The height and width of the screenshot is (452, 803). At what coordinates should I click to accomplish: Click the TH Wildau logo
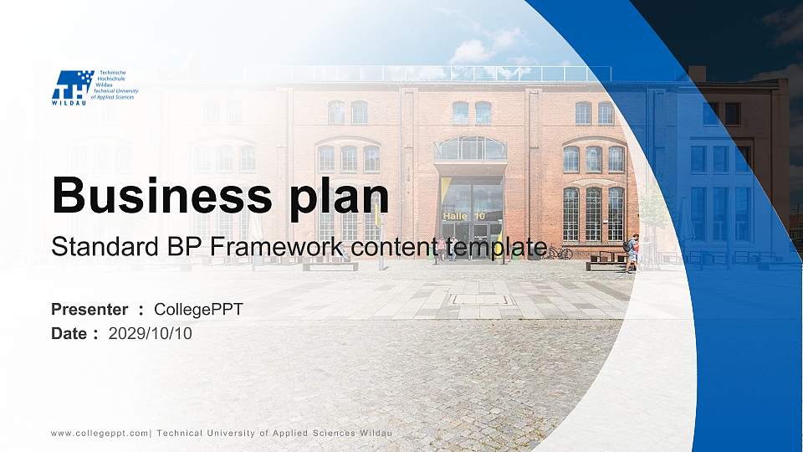pyautogui.click(x=95, y=88)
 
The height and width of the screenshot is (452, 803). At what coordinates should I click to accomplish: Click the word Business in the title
pyautogui.click(x=162, y=195)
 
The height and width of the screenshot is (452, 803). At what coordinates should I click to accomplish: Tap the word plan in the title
pyautogui.click(x=339, y=198)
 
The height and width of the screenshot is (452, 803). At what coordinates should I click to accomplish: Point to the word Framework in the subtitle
pyautogui.click(x=277, y=246)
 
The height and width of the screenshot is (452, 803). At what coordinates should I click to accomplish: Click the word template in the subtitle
pyautogui.click(x=496, y=248)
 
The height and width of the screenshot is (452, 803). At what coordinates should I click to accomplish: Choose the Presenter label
pyautogui.click(x=90, y=310)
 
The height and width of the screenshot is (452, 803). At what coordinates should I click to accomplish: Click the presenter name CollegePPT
pyautogui.click(x=199, y=310)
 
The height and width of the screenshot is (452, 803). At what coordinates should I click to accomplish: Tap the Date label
pyautogui.click(x=69, y=334)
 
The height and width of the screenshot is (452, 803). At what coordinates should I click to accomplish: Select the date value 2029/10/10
pyautogui.click(x=151, y=334)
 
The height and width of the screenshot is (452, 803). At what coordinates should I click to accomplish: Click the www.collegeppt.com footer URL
pyautogui.click(x=100, y=434)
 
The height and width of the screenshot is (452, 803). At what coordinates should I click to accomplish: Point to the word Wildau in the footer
pyautogui.click(x=376, y=433)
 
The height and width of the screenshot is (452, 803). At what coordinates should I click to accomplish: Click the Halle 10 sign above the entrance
pyautogui.click(x=464, y=216)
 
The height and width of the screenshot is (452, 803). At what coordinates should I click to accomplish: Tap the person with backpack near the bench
pyautogui.click(x=632, y=253)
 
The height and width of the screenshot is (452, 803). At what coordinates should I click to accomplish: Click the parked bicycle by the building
pyautogui.click(x=558, y=252)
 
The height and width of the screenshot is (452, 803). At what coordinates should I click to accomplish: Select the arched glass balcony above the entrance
pyautogui.click(x=471, y=149)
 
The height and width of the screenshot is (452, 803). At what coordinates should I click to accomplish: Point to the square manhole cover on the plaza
pyautogui.click(x=481, y=300)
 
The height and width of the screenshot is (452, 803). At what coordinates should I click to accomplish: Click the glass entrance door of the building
pyautogui.click(x=472, y=240)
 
